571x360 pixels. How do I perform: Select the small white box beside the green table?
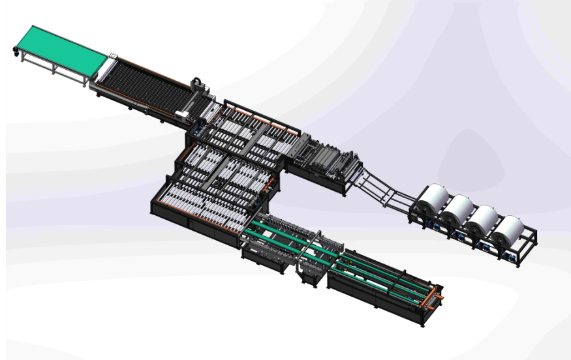112,57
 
